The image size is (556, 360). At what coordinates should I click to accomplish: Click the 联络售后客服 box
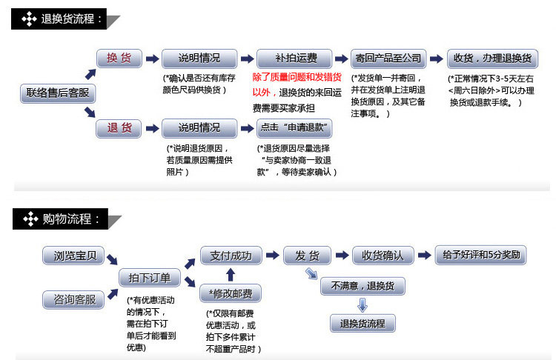click(57, 93)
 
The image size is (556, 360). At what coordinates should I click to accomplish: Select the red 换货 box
click(119, 58)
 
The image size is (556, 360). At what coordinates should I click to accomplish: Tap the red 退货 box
click(119, 128)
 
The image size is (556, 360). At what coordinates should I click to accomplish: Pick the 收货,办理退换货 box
click(492, 59)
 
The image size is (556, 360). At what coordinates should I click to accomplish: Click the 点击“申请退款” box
click(294, 128)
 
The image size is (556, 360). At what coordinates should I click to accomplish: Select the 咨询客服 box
click(74, 300)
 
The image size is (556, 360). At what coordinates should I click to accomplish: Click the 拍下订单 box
click(150, 278)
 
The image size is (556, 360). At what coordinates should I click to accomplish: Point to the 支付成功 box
click(231, 256)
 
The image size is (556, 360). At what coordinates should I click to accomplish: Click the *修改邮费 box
click(231, 294)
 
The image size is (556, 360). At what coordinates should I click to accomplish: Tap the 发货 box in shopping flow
click(307, 256)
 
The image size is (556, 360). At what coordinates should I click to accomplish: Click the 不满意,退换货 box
click(363, 286)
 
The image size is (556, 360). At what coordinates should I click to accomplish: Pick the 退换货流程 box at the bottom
click(363, 323)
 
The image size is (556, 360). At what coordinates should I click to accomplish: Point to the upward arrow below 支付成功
click(231, 276)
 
